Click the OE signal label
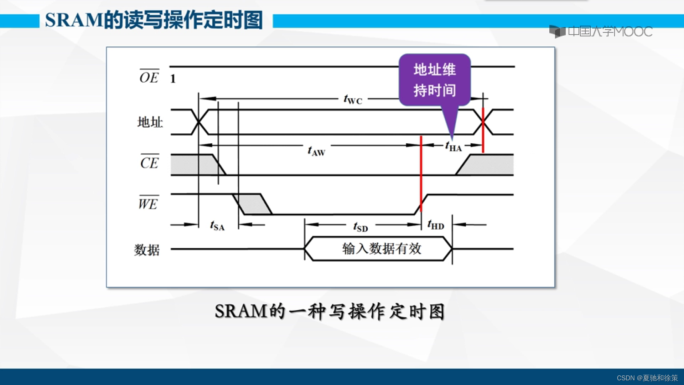click(x=149, y=77)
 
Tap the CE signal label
click(x=149, y=163)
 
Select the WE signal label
click(x=148, y=204)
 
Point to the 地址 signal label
click(x=150, y=122)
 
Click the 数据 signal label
click(x=147, y=250)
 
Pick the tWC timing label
click(x=353, y=99)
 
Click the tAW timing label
click(x=316, y=151)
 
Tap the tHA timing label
click(x=453, y=146)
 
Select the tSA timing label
click(x=217, y=226)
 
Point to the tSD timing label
click(x=361, y=227)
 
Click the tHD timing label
click(x=436, y=225)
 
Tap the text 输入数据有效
click(x=382, y=248)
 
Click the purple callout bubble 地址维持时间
click(x=435, y=80)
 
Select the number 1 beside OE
click(x=173, y=79)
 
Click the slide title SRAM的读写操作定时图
click(x=154, y=20)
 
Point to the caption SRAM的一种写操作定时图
click(x=330, y=311)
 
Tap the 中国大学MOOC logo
click(x=601, y=31)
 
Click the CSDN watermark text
click(x=647, y=378)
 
